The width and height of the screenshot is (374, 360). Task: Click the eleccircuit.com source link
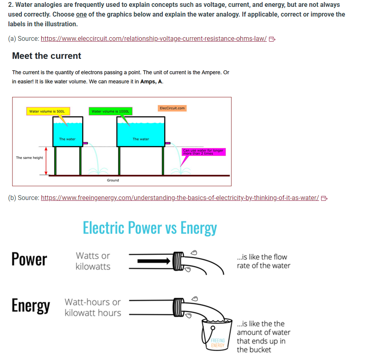click(153, 38)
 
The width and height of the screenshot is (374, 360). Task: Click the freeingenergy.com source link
click(180, 198)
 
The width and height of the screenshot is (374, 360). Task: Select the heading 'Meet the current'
click(46, 56)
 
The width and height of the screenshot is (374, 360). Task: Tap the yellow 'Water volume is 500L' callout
click(47, 111)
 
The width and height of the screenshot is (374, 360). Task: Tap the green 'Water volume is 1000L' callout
click(110, 111)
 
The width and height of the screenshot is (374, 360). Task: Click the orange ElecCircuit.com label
click(172, 108)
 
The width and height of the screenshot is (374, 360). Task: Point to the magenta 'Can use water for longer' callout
click(203, 152)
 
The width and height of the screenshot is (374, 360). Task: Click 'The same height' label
click(29, 158)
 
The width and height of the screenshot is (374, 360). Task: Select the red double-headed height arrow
click(46, 161)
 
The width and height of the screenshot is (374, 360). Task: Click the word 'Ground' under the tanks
click(113, 180)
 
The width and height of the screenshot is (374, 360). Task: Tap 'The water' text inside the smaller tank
click(67, 139)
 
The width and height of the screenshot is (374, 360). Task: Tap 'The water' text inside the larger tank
click(141, 139)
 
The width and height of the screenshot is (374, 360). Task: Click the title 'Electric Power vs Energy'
click(149, 228)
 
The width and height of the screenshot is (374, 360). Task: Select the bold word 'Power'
click(29, 259)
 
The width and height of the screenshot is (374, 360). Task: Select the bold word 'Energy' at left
click(31, 306)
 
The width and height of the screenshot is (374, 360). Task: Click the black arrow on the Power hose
click(153, 261)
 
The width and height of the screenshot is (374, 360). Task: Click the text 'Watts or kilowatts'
click(93, 261)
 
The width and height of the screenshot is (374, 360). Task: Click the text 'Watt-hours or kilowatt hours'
click(93, 307)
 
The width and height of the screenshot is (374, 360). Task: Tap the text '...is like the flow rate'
click(263, 261)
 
